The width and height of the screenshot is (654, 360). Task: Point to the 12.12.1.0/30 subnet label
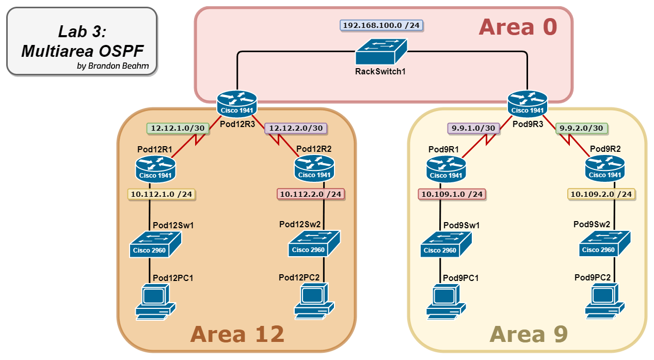coord(178,128)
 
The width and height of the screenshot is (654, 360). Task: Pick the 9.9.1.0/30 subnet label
coord(473,128)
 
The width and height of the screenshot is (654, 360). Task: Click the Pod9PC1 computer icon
coord(446,301)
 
